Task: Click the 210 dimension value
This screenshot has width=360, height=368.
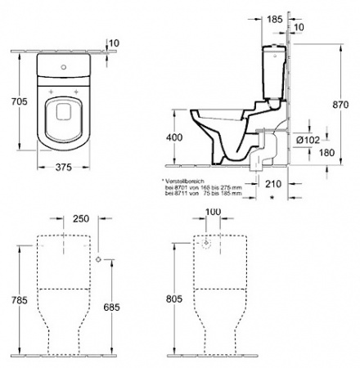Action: (x=272, y=185)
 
